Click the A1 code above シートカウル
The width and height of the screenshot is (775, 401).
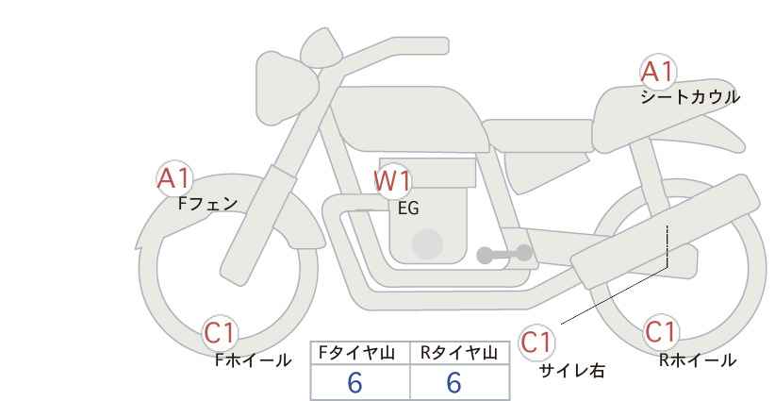(657, 72)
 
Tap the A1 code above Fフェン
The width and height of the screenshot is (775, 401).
(173, 178)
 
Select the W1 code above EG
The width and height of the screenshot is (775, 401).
(392, 181)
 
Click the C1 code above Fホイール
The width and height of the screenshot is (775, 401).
(220, 333)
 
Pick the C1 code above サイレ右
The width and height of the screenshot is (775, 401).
(536, 343)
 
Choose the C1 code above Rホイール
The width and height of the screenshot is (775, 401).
(660, 332)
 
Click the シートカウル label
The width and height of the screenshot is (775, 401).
(690, 96)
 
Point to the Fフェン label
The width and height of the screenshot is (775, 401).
(208, 204)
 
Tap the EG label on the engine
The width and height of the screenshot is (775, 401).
(408, 209)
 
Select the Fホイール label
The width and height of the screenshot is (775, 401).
(254, 360)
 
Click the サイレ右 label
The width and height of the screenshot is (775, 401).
(571, 371)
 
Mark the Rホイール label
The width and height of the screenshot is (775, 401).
(698, 360)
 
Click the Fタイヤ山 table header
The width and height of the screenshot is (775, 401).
(356, 353)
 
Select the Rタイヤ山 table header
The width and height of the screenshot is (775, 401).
(459, 353)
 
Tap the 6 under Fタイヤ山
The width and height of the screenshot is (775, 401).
(355, 382)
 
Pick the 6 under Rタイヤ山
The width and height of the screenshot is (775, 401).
(453, 382)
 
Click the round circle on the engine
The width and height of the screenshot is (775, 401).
(427, 243)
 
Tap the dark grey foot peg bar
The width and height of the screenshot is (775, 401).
(504, 254)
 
